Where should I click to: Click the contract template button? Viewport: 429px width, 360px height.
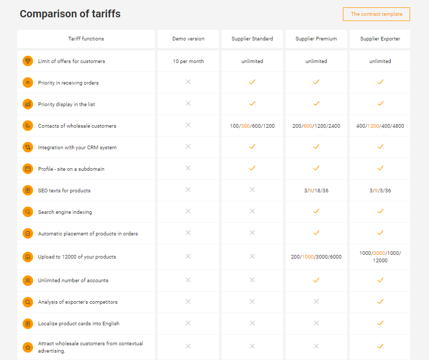click(x=376, y=14)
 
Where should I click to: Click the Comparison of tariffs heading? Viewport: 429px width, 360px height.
click(x=70, y=14)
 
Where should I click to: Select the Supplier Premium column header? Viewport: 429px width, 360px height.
click(x=316, y=39)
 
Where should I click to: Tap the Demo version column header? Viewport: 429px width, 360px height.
click(x=188, y=39)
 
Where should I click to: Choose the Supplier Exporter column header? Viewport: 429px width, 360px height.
click(x=380, y=39)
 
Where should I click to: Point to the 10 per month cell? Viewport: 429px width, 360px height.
click(x=188, y=61)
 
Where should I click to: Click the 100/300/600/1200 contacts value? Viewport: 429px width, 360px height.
click(x=252, y=126)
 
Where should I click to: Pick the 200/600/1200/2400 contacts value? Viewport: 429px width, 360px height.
click(x=316, y=126)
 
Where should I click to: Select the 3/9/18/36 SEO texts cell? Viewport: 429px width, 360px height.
click(x=316, y=191)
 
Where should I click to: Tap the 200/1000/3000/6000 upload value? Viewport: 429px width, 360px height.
click(x=316, y=257)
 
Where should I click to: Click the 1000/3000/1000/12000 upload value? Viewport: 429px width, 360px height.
click(x=380, y=257)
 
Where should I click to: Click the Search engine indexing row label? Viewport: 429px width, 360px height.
click(x=65, y=212)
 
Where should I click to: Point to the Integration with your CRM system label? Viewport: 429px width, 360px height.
click(x=77, y=148)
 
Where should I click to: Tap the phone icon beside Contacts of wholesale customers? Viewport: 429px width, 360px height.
click(x=28, y=126)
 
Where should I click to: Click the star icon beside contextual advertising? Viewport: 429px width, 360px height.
click(x=28, y=347)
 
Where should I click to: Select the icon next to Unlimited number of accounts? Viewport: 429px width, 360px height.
click(x=28, y=280)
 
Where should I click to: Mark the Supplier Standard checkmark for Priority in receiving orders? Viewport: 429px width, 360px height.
click(x=252, y=82)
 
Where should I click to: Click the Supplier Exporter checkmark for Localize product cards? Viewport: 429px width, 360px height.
click(x=380, y=323)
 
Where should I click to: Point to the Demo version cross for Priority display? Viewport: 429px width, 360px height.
click(x=188, y=104)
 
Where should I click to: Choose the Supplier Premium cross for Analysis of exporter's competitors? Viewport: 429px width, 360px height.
click(x=316, y=302)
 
